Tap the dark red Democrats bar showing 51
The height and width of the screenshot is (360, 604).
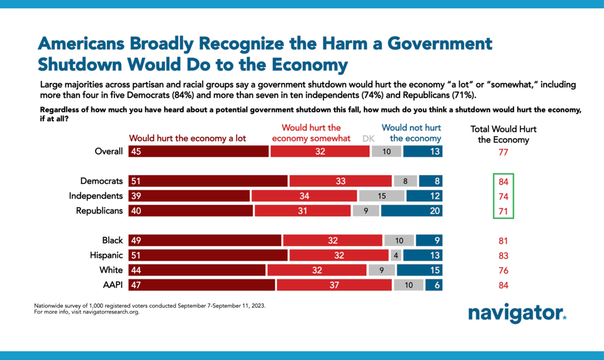tap(208, 181)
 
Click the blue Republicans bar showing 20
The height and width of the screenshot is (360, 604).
tap(411, 211)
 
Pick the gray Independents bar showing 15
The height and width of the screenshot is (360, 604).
tap(381, 196)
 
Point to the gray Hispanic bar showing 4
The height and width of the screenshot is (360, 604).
tap(396, 256)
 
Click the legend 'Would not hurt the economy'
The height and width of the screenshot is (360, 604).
tap(411, 133)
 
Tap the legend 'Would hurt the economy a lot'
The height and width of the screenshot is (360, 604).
tap(187, 138)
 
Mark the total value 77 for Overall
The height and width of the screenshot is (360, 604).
tap(503, 152)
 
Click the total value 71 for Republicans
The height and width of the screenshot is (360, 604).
tap(503, 211)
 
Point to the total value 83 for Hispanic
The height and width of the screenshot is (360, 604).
tap(503, 256)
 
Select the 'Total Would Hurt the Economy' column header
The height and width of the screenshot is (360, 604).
tap(503, 134)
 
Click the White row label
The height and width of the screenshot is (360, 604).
tap(112, 270)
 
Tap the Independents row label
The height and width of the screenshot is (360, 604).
tap(96, 196)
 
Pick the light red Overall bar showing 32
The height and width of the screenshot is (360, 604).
tap(320, 152)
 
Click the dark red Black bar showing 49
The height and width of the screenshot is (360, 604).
tap(205, 240)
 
